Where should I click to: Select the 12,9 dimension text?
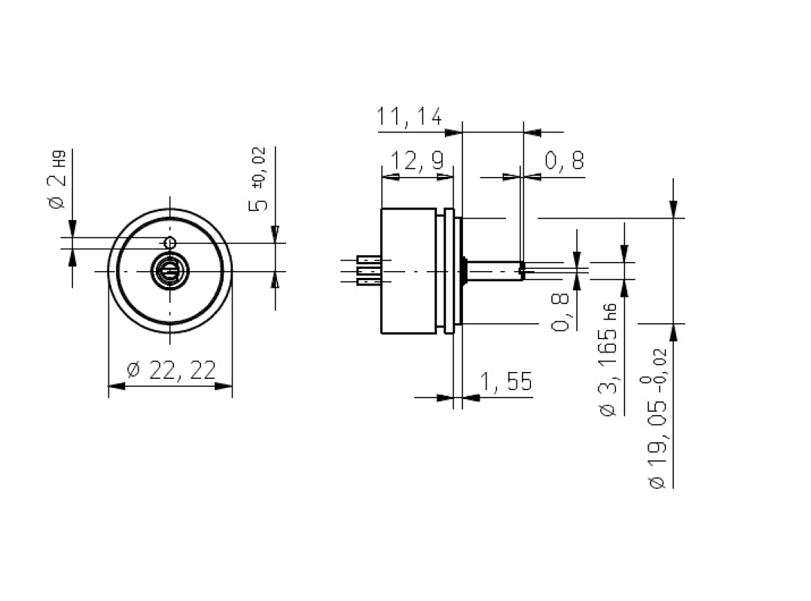point(416,161)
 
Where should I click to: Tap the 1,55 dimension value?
point(505,383)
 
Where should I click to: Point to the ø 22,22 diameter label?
point(172,370)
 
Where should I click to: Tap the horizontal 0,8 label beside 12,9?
point(564,161)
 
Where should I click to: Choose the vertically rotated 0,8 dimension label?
point(561,313)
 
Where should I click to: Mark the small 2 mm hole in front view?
point(170,243)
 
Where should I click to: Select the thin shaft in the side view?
point(493,271)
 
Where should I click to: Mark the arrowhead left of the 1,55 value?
point(444,397)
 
